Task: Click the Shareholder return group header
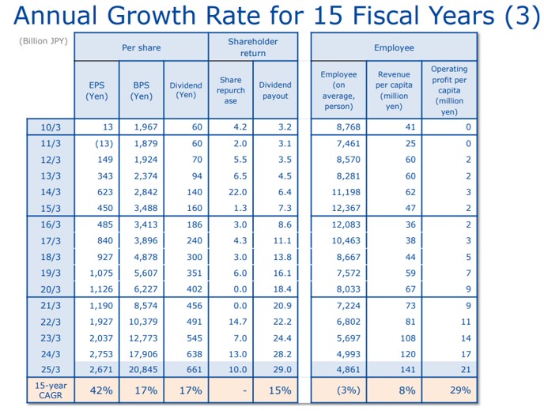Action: click(253, 47)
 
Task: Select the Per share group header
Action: click(141, 47)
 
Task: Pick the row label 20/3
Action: click(51, 288)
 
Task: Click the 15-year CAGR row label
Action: click(51, 390)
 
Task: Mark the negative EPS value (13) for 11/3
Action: click(104, 143)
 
